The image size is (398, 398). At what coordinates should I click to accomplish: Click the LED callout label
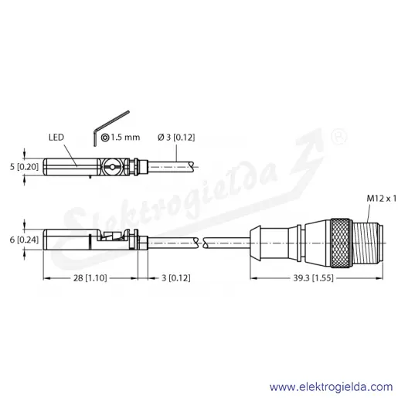point(56,138)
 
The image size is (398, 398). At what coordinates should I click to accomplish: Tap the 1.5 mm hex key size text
point(125,138)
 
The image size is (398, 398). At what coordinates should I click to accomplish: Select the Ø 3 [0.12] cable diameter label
point(176,138)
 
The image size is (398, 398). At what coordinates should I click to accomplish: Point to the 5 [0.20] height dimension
point(24,167)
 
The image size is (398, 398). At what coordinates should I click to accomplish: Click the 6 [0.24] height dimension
point(24,240)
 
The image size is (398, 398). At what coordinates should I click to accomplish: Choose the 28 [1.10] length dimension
point(90,278)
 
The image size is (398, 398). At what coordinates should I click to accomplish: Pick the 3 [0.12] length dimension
point(176,278)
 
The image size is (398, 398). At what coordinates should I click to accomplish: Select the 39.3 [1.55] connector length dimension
point(313,278)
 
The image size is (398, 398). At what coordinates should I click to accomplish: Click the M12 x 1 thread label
point(382,199)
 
